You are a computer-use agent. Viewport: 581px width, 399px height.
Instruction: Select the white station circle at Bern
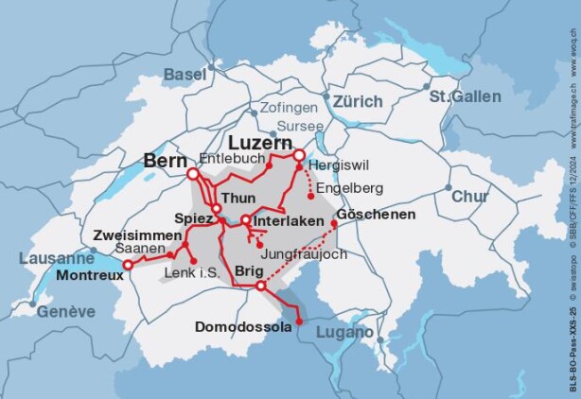(x=193, y=174)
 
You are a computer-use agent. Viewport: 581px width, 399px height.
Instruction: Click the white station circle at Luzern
(x=299, y=155)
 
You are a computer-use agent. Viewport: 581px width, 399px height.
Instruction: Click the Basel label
(x=185, y=74)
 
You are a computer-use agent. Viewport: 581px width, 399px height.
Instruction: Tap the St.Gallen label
(x=465, y=96)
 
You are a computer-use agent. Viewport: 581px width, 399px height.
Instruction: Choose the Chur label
(x=469, y=197)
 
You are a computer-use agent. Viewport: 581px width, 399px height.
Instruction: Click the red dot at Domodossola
(x=299, y=322)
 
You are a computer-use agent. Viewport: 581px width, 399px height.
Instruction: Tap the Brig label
(x=251, y=270)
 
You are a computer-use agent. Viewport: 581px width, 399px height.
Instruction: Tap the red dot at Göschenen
(x=334, y=225)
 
